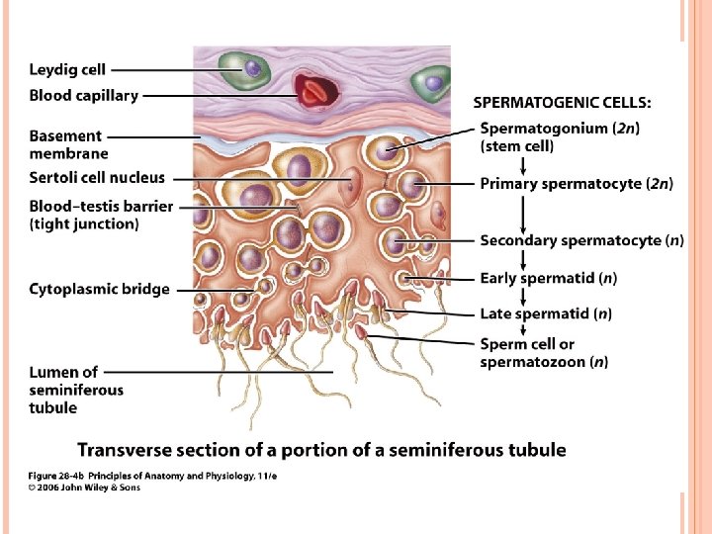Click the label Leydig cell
point(67,70)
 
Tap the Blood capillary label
point(84,96)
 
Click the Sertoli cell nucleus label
point(97,178)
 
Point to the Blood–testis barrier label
point(101,215)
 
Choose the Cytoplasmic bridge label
point(99,289)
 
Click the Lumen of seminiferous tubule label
point(76,390)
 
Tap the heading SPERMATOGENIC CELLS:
point(562,102)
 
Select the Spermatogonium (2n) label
point(559,136)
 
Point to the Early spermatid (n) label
point(549,279)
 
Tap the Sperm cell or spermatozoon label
point(544,353)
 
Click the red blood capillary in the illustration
point(315,92)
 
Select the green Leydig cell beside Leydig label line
point(243,70)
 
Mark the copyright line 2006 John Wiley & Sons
point(85,488)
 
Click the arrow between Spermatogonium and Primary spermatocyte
point(523,163)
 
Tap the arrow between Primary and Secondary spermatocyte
point(523,213)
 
